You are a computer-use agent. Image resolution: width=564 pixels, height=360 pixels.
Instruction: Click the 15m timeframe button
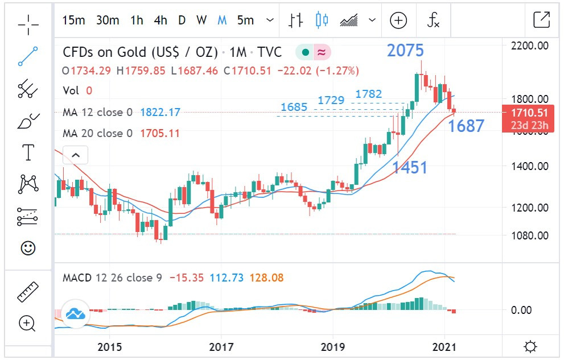(73, 20)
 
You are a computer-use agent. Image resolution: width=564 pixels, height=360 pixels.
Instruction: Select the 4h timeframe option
(160, 20)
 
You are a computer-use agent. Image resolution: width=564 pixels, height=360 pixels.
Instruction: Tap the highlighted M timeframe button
(222, 20)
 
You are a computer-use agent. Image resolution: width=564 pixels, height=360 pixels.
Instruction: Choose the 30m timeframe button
(108, 20)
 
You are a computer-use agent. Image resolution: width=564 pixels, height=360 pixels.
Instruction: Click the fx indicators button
(434, 20)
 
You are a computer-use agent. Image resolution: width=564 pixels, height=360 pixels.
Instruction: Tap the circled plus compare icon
(398, 20)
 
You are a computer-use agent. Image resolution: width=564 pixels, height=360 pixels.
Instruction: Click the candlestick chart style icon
(322, 20)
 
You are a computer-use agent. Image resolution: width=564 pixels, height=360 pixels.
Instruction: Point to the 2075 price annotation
(405, 51)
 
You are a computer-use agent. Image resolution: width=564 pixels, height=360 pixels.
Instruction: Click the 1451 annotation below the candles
(409, 167)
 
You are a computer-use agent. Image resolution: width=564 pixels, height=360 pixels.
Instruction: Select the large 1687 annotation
(466, 126)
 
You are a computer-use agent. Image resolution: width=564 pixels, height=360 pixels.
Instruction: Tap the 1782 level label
(369, 94)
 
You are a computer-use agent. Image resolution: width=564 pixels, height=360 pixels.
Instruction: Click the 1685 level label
(294, 107)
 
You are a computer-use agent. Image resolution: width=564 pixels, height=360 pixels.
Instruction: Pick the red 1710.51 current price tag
(529, 113)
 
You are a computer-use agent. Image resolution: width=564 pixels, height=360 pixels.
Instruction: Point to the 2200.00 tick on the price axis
(530, 45)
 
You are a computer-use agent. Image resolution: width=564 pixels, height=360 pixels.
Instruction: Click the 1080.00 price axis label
(530, 235)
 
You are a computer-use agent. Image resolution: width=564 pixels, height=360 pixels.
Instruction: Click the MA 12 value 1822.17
(160, 113)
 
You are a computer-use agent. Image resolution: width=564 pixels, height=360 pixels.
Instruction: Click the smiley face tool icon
(27, 248)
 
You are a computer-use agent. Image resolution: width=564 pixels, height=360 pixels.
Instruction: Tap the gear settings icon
(530, 346)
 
